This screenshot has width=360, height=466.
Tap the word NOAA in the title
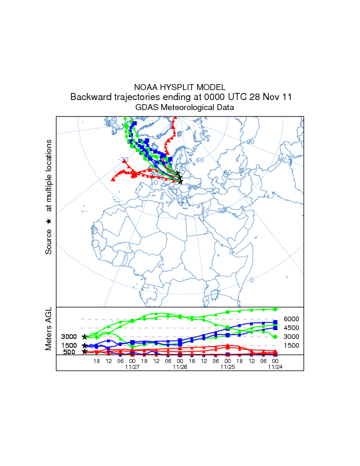(145, 87)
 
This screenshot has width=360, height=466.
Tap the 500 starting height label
(69, 352)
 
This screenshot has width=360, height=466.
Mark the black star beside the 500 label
(85, 352)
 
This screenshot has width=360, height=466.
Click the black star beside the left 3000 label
(85, 337)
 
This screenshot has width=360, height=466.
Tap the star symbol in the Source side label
(49, 221)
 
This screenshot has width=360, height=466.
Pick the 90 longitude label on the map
(250, 142)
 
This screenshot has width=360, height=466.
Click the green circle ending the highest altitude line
(275, 309)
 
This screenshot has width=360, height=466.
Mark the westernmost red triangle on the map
(113, 178)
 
